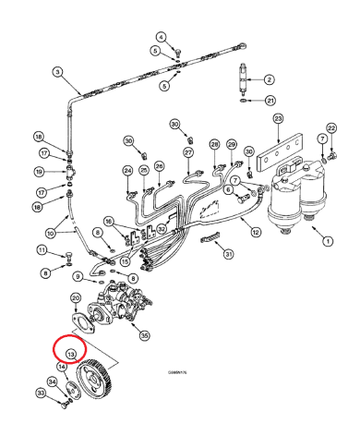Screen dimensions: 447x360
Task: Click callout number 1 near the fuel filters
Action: click(326, 242)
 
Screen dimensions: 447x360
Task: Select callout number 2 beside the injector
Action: click(269, 79)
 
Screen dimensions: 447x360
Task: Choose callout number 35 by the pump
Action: click(144, 336)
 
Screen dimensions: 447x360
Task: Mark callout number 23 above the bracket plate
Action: click(277, 119)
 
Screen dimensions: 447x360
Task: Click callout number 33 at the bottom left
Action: click(40, 394)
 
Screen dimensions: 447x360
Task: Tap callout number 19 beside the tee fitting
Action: click(39, 172)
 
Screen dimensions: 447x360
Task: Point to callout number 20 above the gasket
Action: click(76, 298)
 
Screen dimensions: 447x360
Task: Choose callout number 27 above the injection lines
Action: click(188, 151)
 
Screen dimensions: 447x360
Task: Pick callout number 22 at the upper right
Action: click(331, 128)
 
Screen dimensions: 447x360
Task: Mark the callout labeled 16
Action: click(108, 222)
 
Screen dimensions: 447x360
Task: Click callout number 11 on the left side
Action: click(41, 250)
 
